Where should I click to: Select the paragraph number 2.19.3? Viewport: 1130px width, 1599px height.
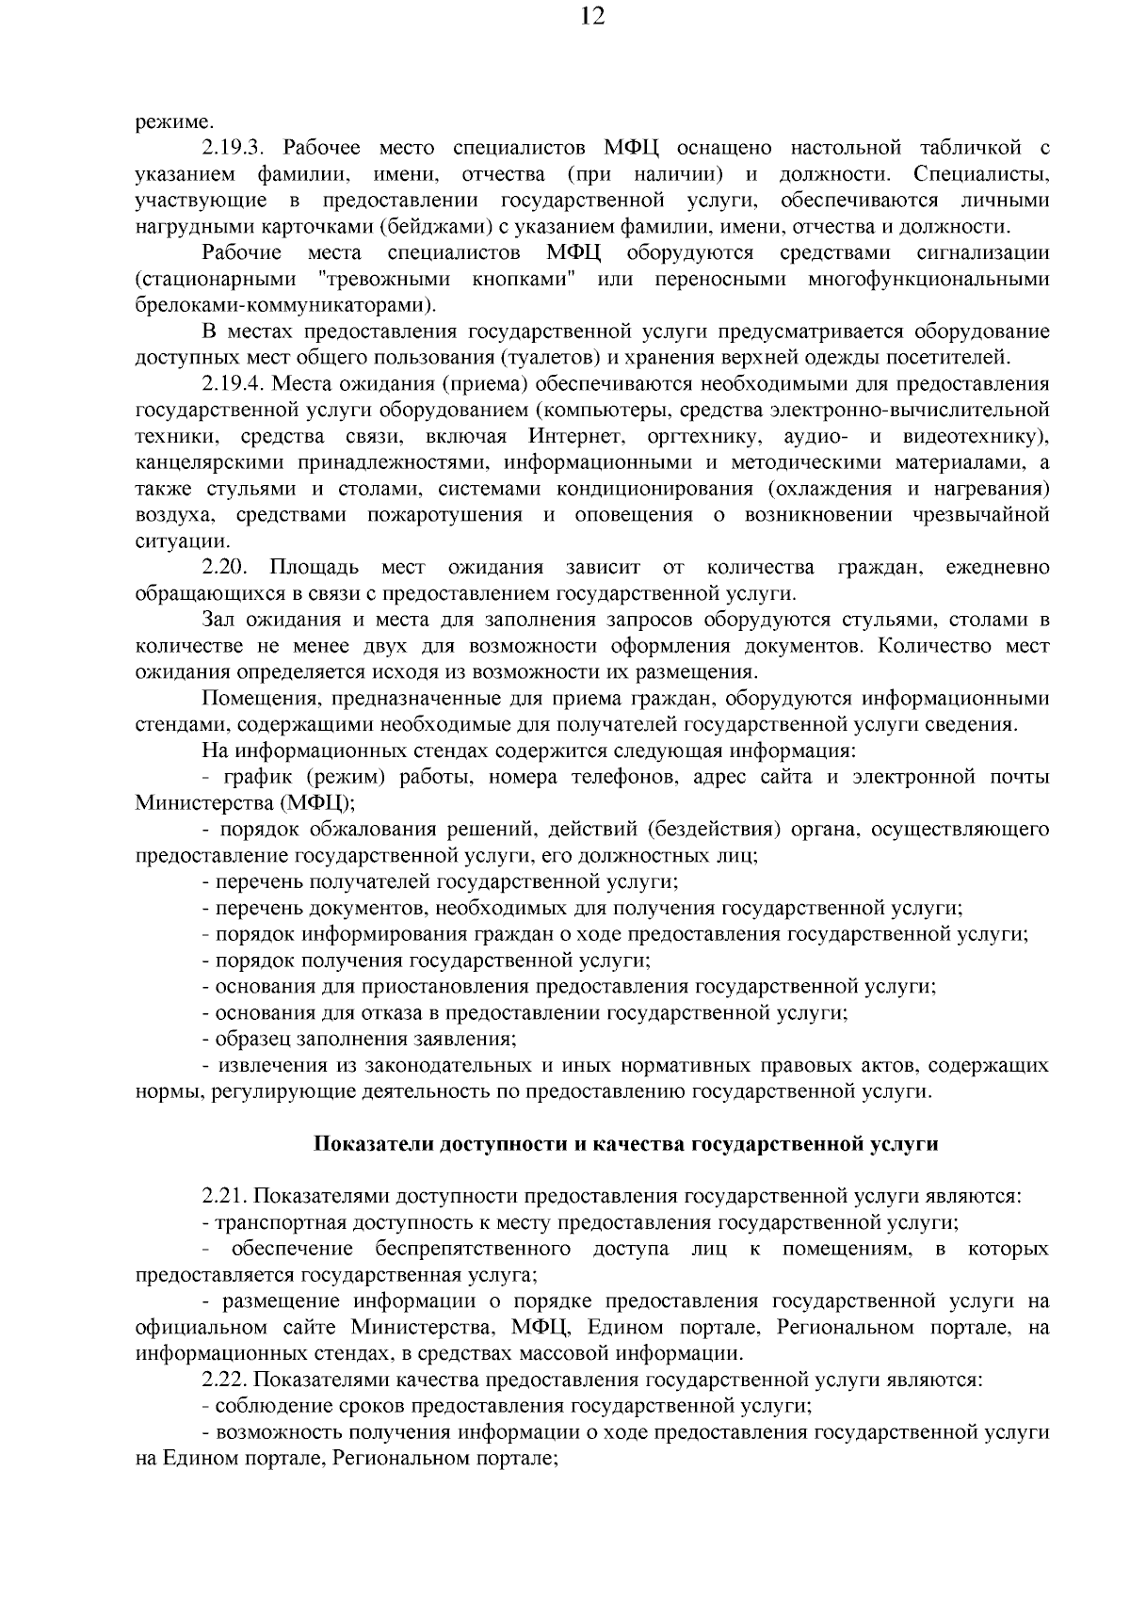click(x=235, y=148)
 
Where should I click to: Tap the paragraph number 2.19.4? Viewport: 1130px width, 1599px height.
click(x=235, y=384)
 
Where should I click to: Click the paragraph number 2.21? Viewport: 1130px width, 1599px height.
click(x=224, y=1197)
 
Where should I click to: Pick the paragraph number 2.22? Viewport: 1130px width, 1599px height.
click(x=224, y=1381)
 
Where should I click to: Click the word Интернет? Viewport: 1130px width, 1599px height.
click(x=576, y=437)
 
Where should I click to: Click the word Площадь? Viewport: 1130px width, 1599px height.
click(x=314, y=567)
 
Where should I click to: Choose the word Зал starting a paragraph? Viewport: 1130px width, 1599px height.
click(x=219, y=620)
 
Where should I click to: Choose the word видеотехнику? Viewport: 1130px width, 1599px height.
click(x=974, y=437)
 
